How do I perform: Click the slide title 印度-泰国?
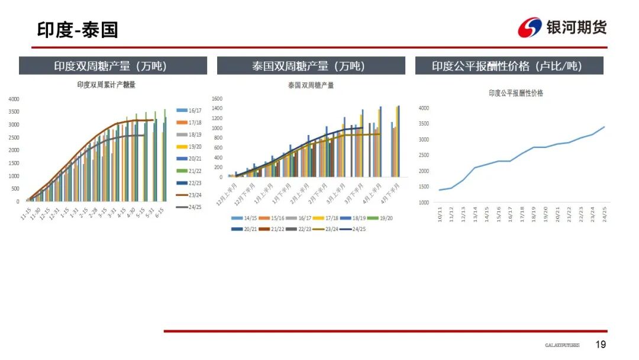point(78,30)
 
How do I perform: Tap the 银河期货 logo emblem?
point(530,28)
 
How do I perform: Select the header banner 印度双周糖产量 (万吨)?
point(113,66)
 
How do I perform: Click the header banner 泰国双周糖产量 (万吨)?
point(311,66)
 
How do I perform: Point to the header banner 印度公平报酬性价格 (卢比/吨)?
point(509,66)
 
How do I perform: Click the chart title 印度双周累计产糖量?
point(106,85)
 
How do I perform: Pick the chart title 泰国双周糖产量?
point(311,85)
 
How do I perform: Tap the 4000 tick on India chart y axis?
point(14,99)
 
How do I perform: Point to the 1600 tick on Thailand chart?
point(217,99)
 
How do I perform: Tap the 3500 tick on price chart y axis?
point(423,124)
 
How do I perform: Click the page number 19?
point(601,345)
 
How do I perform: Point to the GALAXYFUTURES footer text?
point(562,345)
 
